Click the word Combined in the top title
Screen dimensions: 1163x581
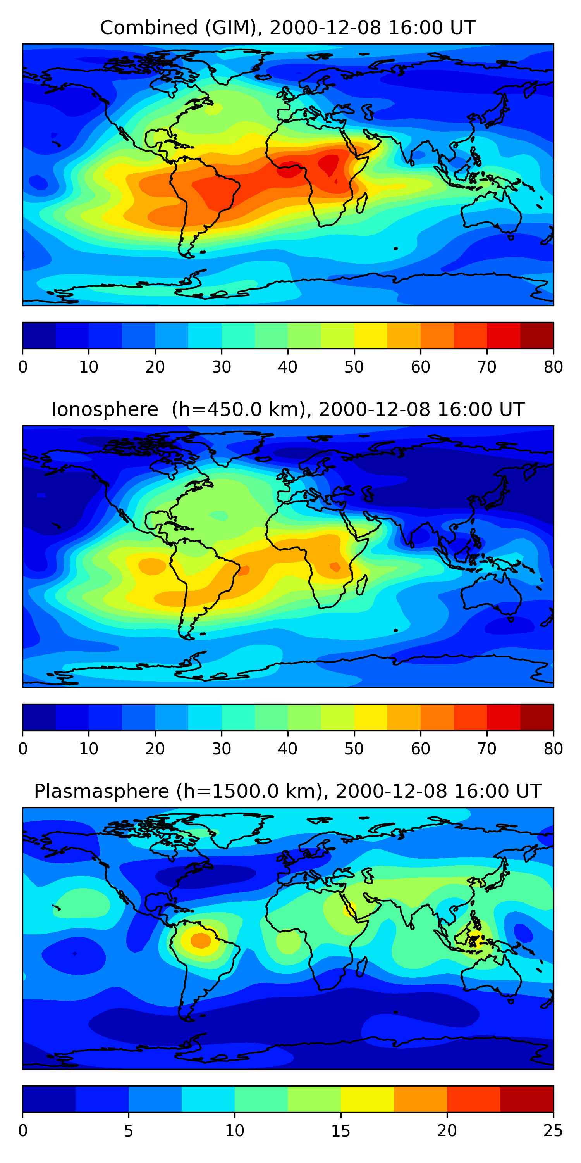click(x=149, y=28)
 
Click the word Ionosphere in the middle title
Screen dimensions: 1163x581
click(x=105, y=410)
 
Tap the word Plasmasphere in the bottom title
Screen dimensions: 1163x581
click(x=101, y=792)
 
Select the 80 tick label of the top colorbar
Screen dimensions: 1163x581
click(x=553, y=367)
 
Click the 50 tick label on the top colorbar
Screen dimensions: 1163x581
click(x=354, y=367)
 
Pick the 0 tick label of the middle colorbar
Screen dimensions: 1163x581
click(x=23, y=749)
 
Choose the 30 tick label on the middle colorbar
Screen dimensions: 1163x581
click(x=222, y=749)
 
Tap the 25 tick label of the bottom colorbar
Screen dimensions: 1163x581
click(x=553, y=1130)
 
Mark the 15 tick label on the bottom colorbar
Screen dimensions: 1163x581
click(x=341, y=1130)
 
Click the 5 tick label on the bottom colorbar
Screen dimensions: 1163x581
click(x=129, y=1130)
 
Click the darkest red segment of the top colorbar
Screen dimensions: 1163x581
click(x=537, y=335)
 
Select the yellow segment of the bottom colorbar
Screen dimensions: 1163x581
click(x=367, y=1099)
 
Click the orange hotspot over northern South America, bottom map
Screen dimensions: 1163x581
click(x=200, y=940)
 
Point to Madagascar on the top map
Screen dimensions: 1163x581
click(x=361, y=203)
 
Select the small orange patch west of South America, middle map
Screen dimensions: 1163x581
click(x=151, y=566)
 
